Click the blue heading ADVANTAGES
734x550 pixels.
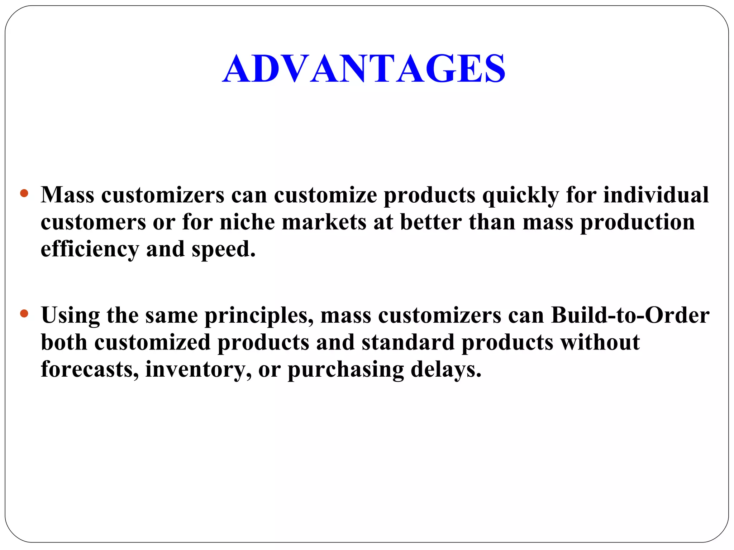pos(364,68)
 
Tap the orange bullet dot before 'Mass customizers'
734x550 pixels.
pos(24,194)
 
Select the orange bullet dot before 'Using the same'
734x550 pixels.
pos(24,314)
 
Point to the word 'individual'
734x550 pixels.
pos(656,195)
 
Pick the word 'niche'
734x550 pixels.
pos(247,222)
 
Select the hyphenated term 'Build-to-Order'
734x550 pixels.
pos(630,315)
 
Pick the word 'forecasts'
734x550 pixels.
pos(90,369)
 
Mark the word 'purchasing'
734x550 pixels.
pos(345,370)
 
